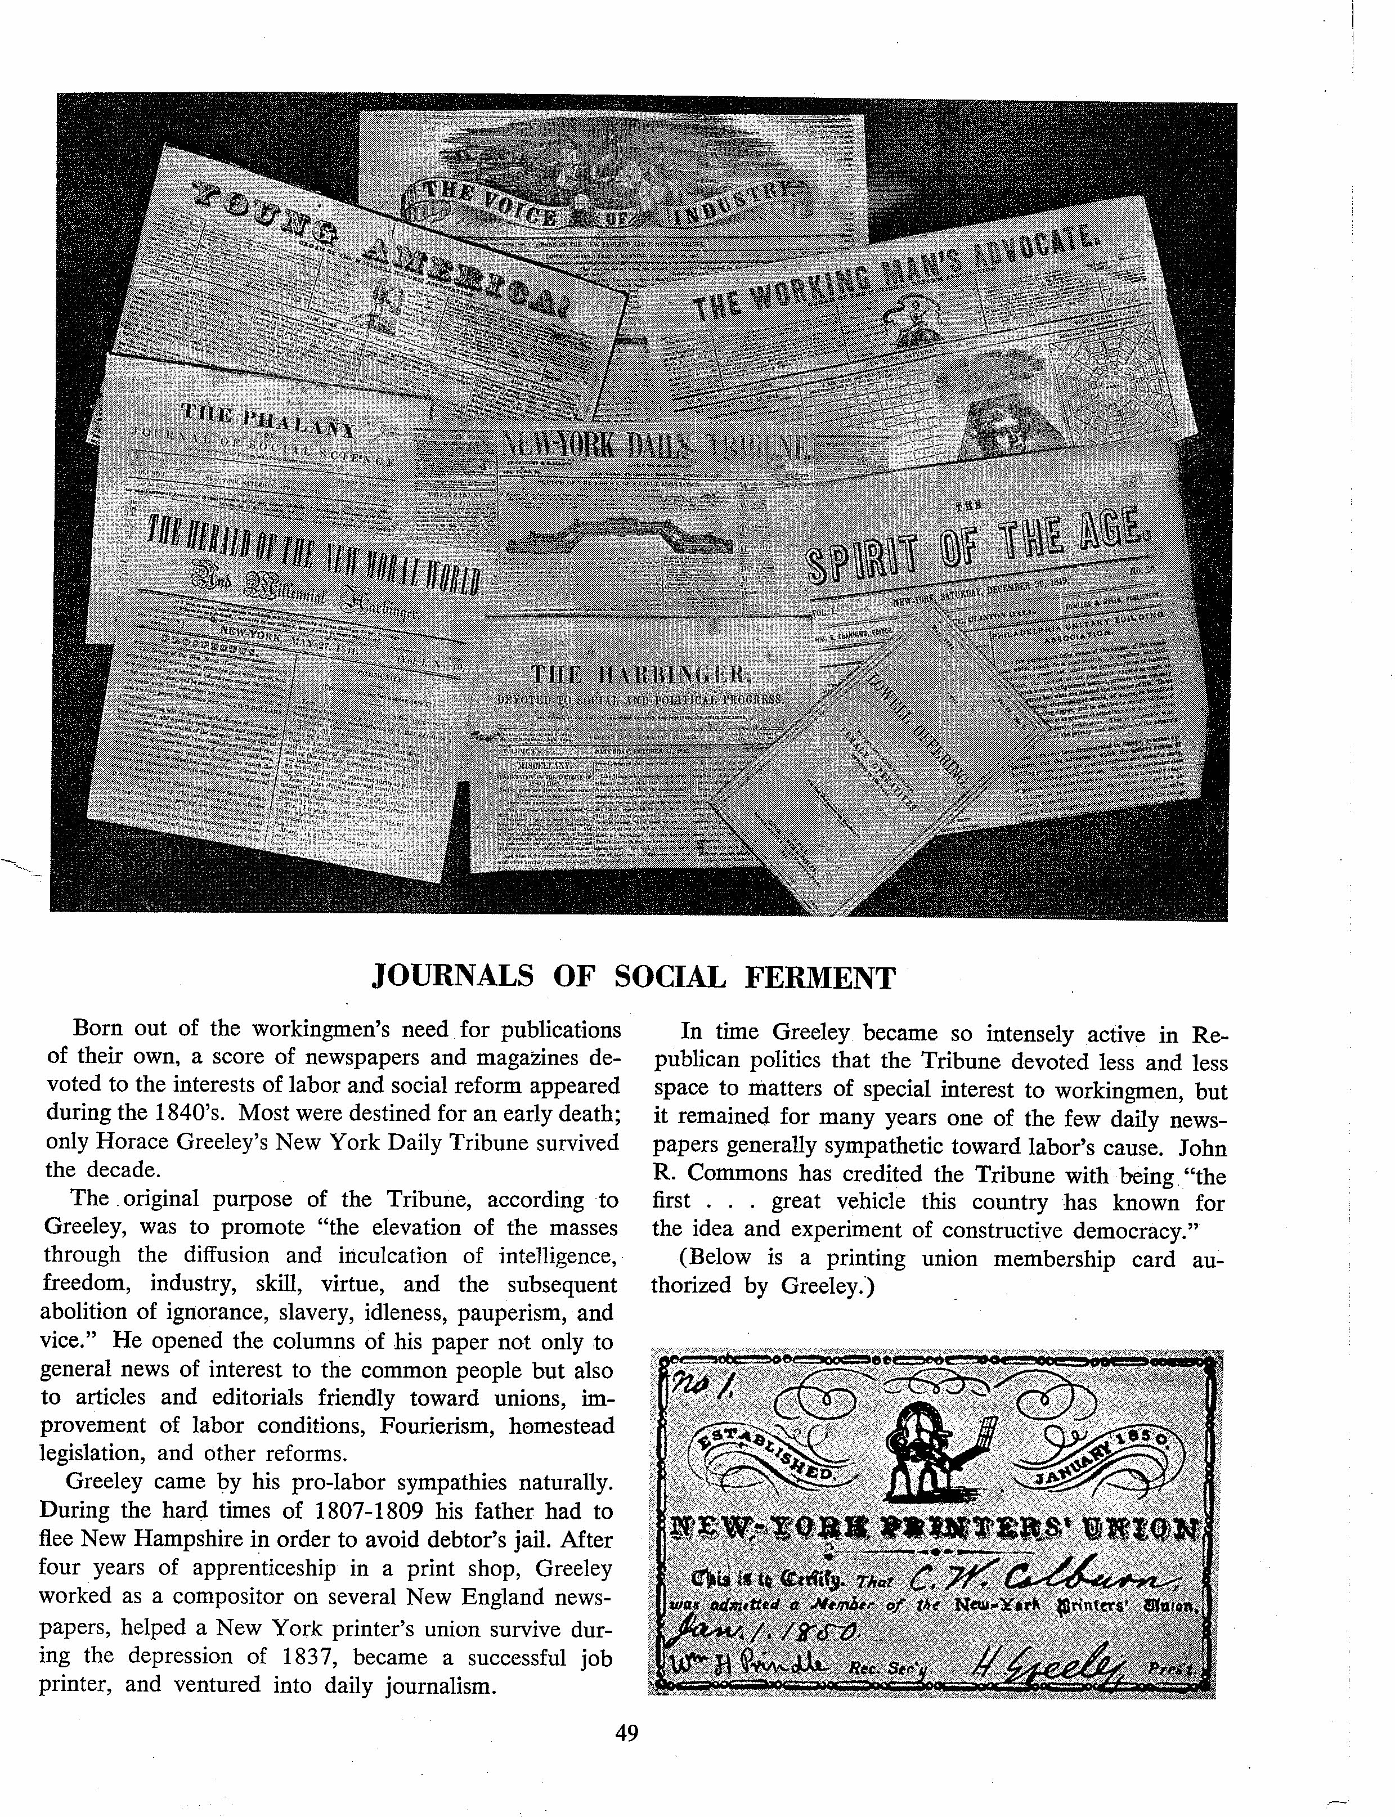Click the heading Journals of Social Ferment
point(634,977)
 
